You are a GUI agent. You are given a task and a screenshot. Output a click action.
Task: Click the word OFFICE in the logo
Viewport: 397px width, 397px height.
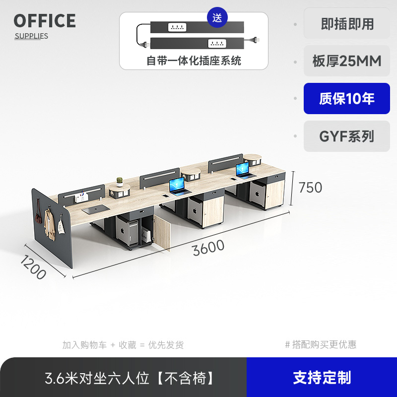45,21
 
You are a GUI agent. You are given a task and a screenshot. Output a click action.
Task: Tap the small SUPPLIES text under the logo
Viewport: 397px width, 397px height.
31,36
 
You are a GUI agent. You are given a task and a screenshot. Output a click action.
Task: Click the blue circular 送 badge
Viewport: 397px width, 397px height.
217,18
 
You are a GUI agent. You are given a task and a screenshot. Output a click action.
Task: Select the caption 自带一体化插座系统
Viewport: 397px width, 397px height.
194,61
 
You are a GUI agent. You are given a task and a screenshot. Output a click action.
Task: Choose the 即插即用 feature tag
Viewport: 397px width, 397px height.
347,23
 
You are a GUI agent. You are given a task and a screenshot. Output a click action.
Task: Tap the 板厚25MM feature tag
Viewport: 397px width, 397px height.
347,61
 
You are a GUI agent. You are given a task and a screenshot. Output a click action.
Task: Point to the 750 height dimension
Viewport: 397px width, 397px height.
310,188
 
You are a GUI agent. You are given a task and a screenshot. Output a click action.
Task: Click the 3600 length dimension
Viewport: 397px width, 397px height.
208,247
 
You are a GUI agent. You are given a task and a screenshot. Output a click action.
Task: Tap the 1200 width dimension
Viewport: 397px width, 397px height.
33,267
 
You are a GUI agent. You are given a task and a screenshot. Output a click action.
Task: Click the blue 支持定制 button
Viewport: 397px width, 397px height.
322,378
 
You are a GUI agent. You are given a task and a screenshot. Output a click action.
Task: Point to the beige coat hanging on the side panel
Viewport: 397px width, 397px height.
49,224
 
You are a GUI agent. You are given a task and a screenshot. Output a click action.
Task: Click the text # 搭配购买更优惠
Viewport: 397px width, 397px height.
321,344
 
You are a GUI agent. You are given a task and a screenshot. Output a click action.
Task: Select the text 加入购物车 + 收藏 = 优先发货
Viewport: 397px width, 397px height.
123,344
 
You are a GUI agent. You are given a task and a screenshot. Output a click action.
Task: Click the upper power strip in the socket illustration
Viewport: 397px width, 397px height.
194,27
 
